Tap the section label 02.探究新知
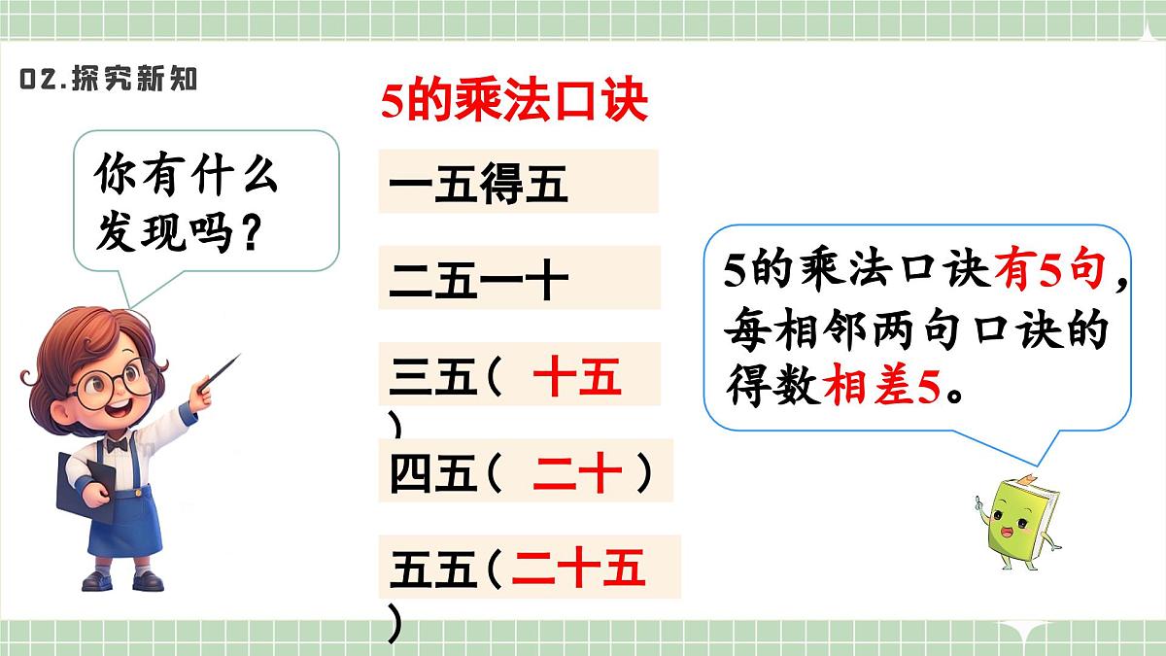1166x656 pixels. point(108,80)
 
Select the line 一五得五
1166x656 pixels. point(477,183)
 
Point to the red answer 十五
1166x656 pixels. point(577,376)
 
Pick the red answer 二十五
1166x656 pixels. point(579,569)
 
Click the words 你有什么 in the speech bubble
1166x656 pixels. point(186,178)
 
